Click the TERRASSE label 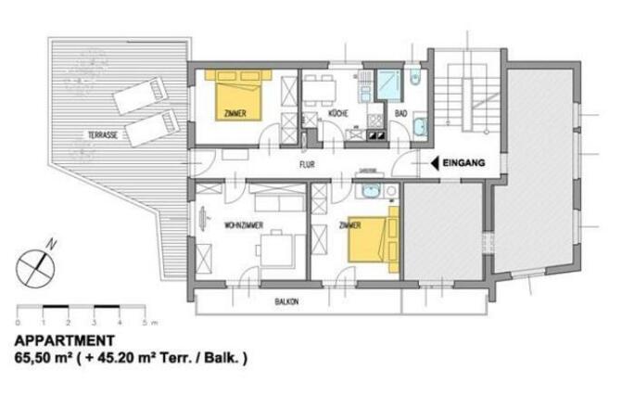(102, 134)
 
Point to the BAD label (401, 114)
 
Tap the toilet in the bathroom (416, 77)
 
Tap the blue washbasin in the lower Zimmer (370, 191)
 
